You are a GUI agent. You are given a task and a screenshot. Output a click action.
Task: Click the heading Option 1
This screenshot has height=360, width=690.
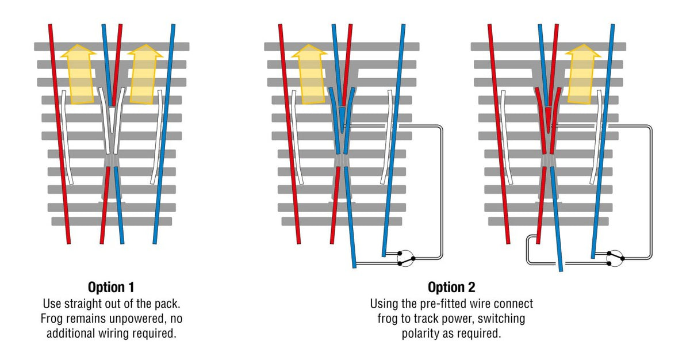click(111, 288)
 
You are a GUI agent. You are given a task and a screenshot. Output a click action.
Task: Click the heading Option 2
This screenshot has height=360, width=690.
click(451, 288)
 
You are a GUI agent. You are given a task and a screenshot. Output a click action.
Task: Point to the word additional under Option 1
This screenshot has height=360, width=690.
click(71, 334)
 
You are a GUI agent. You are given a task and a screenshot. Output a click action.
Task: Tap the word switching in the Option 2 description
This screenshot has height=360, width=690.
click(501, 319)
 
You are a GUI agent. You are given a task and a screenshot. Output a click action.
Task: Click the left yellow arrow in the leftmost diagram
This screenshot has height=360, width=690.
click(79, 74)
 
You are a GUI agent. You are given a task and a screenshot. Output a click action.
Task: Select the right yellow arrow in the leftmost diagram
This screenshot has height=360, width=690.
click(144, 74)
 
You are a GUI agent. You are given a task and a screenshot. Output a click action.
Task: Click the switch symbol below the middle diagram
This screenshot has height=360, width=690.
click(406, 258)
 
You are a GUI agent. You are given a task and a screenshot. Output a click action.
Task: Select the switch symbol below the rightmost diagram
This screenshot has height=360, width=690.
click(615, 258)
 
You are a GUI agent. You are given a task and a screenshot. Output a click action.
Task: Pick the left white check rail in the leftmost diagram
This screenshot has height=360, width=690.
click(66, 137)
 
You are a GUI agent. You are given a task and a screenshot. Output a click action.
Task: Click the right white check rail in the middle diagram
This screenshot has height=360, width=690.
click(387, 137)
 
